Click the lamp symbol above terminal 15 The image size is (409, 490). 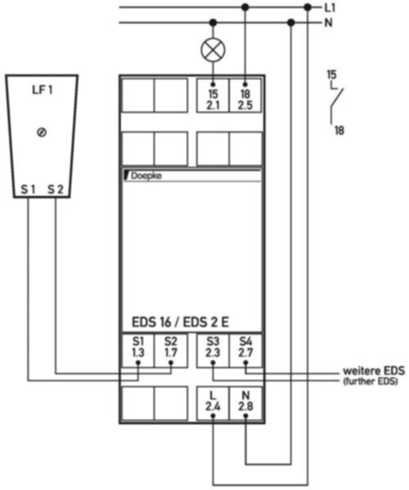213,50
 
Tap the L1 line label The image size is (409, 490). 329,8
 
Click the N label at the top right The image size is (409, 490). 328,23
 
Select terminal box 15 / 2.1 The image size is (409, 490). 213,96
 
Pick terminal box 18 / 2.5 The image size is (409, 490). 245,96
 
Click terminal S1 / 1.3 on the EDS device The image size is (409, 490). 138,350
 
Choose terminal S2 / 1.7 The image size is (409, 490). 171,350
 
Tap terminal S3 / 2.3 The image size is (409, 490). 213,350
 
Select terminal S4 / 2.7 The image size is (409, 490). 245,350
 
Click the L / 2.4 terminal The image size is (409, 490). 213,403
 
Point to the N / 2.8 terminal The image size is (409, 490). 245,403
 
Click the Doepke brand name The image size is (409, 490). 146,176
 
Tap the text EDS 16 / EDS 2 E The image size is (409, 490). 180,323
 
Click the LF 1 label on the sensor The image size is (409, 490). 43,90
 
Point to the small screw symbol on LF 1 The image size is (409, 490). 42,132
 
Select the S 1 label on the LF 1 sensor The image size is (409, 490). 28,189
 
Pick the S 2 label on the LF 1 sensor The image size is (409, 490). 56,189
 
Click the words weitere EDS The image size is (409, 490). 374,371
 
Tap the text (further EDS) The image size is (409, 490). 371,381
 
